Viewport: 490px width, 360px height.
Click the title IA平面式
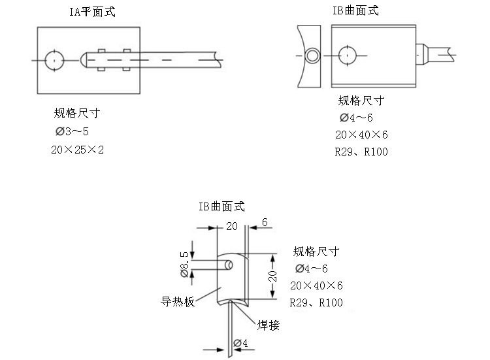[92, 12]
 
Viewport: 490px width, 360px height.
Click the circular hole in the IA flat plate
[53, 60]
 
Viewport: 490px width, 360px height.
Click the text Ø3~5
[72, 132]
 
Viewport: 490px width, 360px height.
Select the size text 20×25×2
[78, 150]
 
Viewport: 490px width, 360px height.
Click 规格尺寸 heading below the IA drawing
[77, 114]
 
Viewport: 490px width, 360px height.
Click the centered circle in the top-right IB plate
[348, 56]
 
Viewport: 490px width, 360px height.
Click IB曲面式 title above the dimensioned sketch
[221, 206]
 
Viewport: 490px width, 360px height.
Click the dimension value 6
[265, 223]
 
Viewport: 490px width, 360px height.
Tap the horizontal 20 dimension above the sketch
[231, 226]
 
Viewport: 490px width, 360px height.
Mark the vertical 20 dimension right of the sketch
[273, 276]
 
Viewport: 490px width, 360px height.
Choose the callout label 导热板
[178, 302]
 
